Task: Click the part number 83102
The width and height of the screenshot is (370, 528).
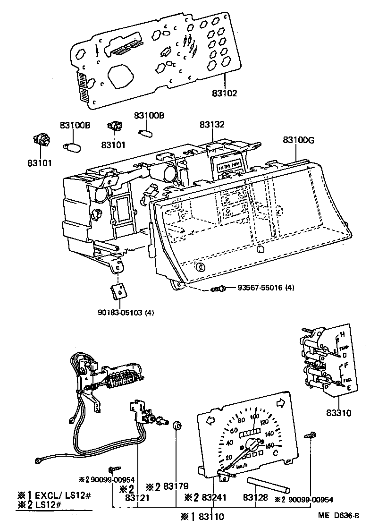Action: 224,93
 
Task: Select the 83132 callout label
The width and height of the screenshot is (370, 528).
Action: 212,125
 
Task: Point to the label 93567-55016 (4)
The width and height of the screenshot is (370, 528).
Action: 266,288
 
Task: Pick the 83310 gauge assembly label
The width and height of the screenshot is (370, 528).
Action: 338,413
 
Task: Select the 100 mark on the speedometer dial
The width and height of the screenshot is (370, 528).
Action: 254,417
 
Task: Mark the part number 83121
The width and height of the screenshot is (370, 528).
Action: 137,497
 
